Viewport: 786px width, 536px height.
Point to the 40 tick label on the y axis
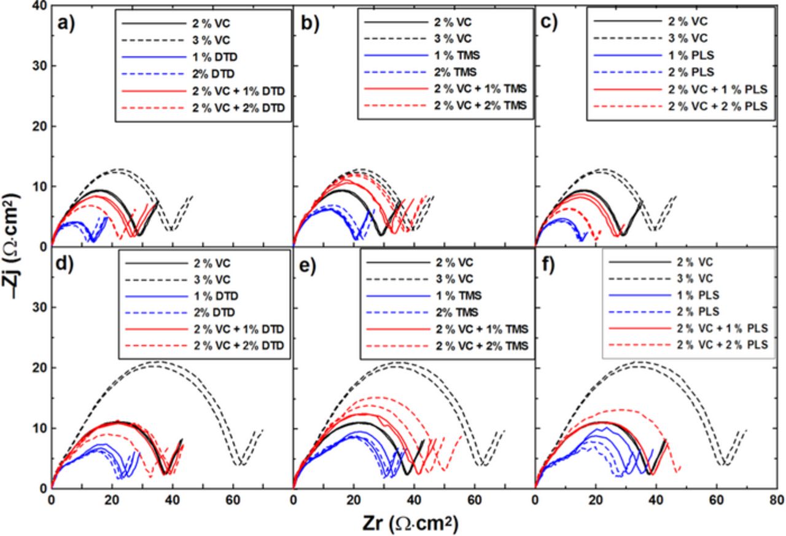(x=38, y=6)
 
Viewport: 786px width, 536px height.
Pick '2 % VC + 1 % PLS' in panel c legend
(x=719, y=92)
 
